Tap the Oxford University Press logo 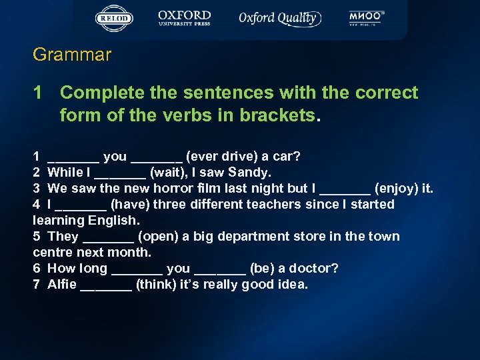184,19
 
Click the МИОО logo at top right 367,18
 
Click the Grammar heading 72,55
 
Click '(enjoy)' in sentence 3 398,189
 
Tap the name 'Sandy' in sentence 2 249,173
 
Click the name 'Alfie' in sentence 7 62,285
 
